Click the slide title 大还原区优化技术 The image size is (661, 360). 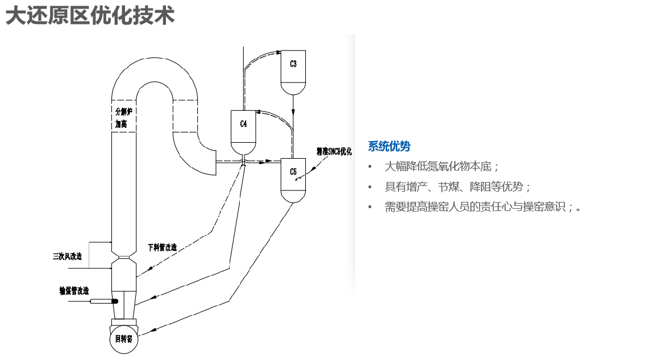[x=90, y=15]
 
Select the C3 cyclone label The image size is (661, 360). [x=293, y=64]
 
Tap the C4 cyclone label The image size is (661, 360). [x=243, y=123]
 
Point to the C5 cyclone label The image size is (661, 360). [x=293, y=171]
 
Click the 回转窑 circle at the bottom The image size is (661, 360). [x=123, y=339]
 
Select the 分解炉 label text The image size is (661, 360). [x=123, y=111]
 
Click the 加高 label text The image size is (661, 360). [x=120, y=123]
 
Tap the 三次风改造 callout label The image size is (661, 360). [x=68, y=256]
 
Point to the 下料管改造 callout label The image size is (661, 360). [x=162, y=247]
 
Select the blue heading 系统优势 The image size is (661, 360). [x=389, y=146]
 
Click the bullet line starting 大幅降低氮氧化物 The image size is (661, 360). [x=442, y=167]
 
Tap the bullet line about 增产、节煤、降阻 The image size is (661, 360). [x=458, y=187]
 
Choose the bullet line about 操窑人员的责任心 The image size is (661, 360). [x=483, y=207]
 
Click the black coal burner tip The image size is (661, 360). [x=114, y=301]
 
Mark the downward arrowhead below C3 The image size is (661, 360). [x=293, y=113]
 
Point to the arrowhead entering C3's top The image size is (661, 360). [x=278, y=52]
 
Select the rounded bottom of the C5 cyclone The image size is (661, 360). [x=293, y=196]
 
